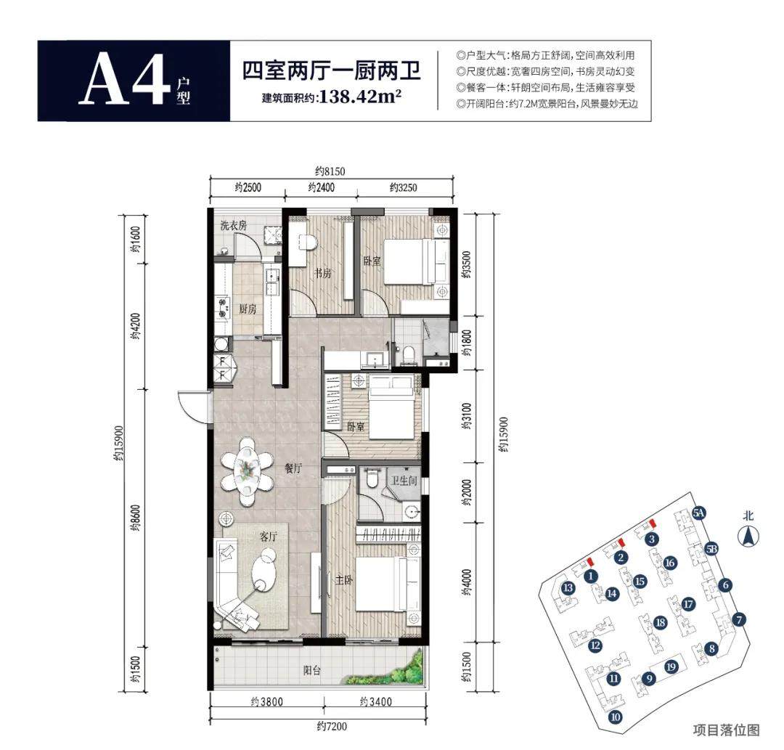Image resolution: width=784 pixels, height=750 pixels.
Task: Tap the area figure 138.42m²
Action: point(360,96)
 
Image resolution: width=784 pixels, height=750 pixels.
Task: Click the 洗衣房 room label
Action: point(234,226)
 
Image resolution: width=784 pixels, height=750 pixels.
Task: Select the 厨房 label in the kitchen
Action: point(248,309)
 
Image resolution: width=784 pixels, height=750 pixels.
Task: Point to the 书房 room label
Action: point(322,274)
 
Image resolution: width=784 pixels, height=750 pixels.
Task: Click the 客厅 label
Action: point(269,537)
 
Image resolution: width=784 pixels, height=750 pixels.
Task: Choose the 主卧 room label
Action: point(344,580)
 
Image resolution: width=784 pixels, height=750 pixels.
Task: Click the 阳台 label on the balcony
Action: point(311,671)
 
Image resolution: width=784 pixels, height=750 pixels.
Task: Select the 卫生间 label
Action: point(404,481)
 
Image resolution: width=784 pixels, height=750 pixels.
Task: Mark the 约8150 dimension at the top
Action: point(330,171)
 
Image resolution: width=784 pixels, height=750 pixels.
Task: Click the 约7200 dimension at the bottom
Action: point(332,726)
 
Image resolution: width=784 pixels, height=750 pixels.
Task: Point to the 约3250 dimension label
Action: point(403,187)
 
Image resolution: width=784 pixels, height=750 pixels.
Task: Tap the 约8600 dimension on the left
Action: point(136,518)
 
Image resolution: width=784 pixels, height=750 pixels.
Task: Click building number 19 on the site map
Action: point(671,667)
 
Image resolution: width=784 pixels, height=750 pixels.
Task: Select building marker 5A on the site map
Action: point(699,513)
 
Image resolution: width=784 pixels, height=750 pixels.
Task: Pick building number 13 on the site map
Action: point(568,587)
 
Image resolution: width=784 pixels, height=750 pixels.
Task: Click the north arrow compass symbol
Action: point(748,536)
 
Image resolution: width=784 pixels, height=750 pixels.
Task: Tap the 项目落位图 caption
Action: point(727,730)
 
